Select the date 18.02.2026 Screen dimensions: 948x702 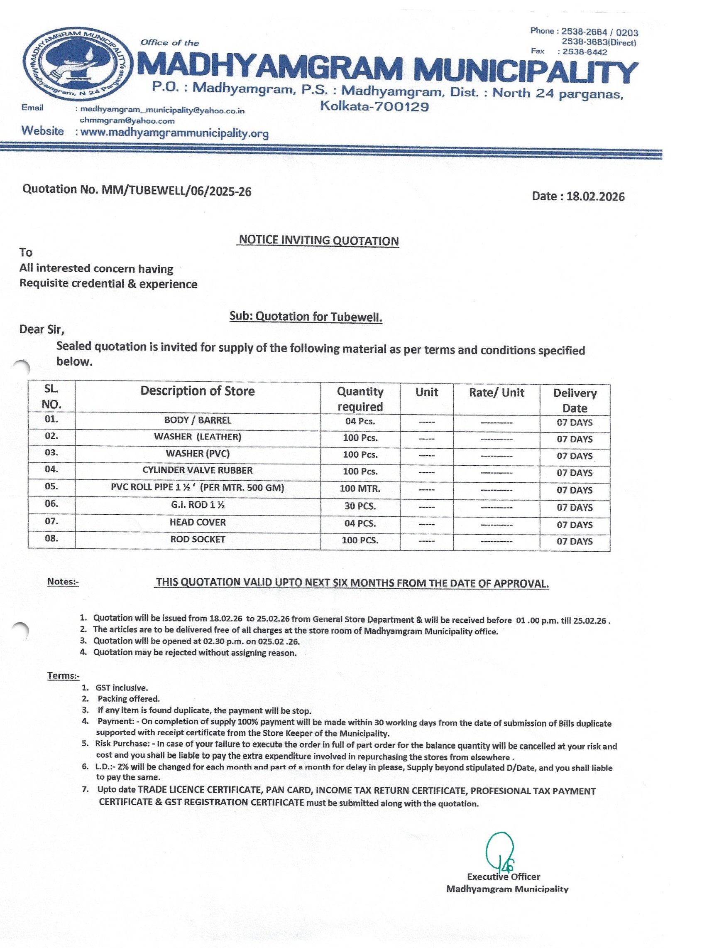pos(578,196)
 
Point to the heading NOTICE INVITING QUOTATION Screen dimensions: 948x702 pos(318,241)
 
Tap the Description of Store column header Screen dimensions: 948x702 pos(198,391)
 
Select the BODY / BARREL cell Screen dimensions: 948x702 pos(198,420)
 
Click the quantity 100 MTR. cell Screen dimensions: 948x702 pos(360,489)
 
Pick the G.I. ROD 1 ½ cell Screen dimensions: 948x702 pos(198,505)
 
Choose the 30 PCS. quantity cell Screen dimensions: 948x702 pos(360,506)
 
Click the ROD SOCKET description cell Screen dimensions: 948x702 pos(198,539)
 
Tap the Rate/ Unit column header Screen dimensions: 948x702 pos(497,393)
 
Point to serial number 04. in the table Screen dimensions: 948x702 pos(51,469)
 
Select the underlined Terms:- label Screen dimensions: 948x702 pos(64,675)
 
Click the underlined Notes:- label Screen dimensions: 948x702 pos(63,582)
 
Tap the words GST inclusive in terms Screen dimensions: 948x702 pos(122,688)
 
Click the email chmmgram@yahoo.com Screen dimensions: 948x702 pos(127,121)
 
